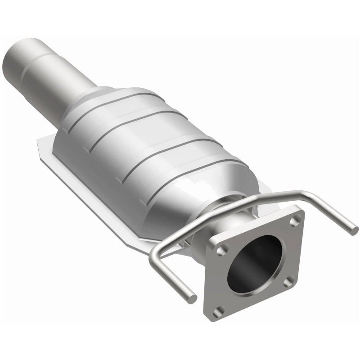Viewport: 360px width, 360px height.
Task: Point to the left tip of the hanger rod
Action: click(193, 298)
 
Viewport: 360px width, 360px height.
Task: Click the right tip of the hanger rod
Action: click(354, 230)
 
